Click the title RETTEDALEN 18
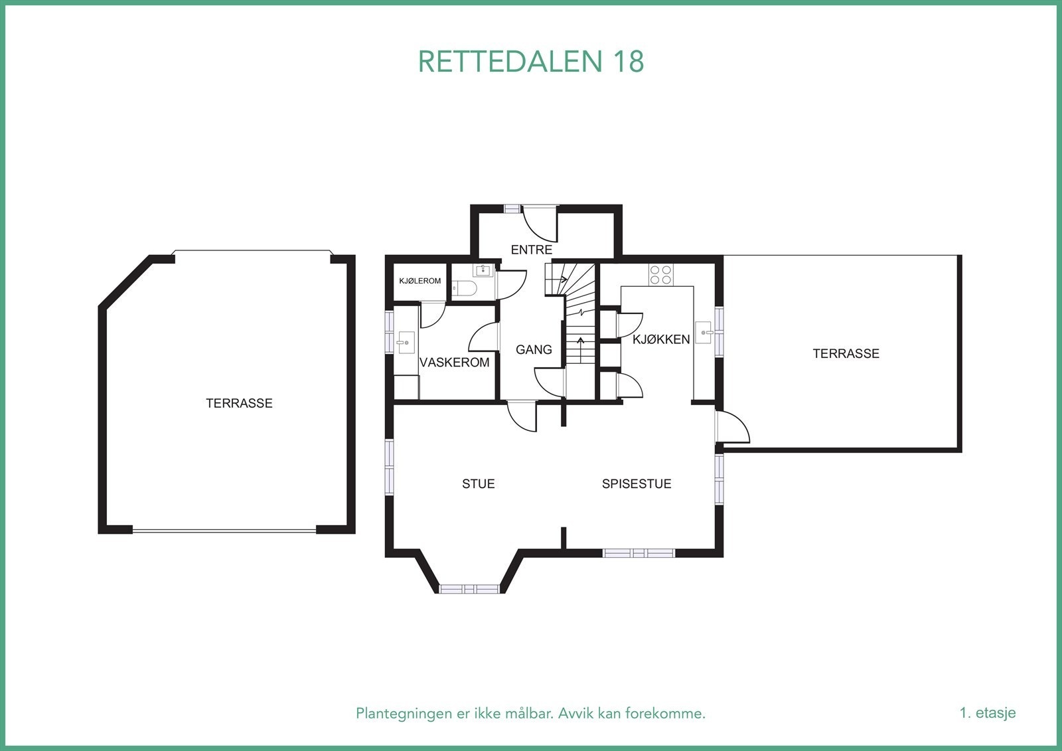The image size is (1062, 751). [531, 61]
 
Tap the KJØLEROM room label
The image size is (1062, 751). [419, 281]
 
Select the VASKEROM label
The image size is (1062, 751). [455, 363]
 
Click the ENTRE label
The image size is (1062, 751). [532, 250]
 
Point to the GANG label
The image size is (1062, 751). [534, 349]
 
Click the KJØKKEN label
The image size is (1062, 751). [661, 339]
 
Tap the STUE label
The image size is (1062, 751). [479, 484]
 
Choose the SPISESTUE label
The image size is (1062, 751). [637, 484]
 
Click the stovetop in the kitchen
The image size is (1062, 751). [660, 275]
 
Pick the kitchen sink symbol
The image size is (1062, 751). [704, 331]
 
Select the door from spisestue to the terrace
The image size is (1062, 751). [733, 427]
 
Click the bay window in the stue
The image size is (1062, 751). [469, 589]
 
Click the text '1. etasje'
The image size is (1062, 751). [987, 713]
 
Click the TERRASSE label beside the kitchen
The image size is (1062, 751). [846, 354]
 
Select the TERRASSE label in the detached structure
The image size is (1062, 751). [239, 403]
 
